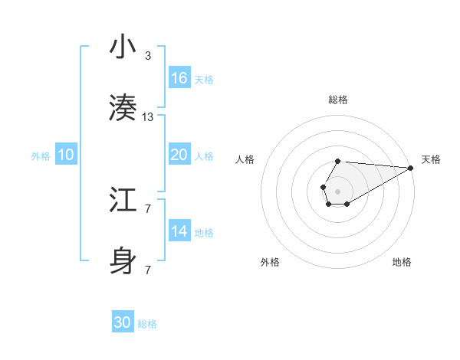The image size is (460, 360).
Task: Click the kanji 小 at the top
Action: [x=123, y=47]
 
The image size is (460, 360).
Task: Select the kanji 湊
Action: [x=123, y=110]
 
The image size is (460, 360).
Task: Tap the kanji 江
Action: [x=123, y=201]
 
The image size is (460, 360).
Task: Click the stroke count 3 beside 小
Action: [x=148, y=56]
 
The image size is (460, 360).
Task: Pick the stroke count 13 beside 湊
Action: [x=148, y=117]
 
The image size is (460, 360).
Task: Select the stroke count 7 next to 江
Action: [x=148, y=209]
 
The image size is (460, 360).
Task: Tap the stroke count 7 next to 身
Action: [x=148, y=270]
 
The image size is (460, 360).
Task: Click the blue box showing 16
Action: [x=179, y=78]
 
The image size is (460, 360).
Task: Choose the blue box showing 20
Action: [x=179, y=155]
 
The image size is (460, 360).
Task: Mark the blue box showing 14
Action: [x=179, y=231]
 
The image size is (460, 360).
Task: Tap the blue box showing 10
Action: [x=66, y=155]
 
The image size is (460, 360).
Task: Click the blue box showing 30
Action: [x=123, y=322]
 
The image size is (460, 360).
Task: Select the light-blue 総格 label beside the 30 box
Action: [x=147, y=325]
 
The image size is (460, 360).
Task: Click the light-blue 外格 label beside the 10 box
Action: [x=41, y=156]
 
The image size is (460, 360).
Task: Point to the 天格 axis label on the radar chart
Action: [x=431, y=159]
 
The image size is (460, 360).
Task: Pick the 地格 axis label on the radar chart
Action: [x=402, y=262]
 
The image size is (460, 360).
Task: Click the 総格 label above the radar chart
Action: [x=338, y=100]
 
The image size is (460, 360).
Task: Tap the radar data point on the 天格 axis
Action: [x=410, y=168]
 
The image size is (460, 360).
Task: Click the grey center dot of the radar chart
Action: [x=337, y=190]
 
